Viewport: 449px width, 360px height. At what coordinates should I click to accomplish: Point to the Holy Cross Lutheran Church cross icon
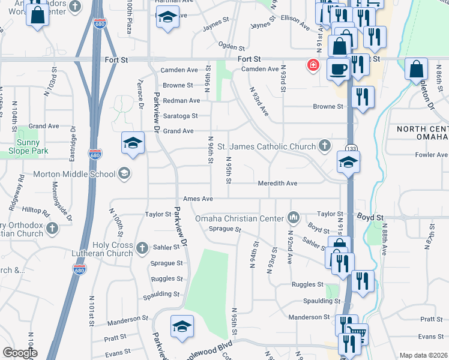pos(142,247)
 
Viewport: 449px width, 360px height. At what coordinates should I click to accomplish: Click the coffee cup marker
pos(338,69)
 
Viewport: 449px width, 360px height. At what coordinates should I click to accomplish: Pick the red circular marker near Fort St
pos(313,65)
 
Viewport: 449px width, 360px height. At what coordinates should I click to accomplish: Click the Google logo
pos(20,353)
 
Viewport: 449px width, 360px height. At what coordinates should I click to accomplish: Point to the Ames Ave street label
pos(198,199)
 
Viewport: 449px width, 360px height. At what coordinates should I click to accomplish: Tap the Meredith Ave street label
pos(277,183)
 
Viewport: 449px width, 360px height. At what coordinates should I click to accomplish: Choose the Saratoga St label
pos(178,116)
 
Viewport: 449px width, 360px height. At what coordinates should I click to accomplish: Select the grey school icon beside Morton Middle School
pos(124,174)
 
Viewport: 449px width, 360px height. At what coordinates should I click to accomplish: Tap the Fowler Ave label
pos(432,154)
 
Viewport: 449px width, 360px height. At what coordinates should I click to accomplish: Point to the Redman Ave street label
pos(181,100)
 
